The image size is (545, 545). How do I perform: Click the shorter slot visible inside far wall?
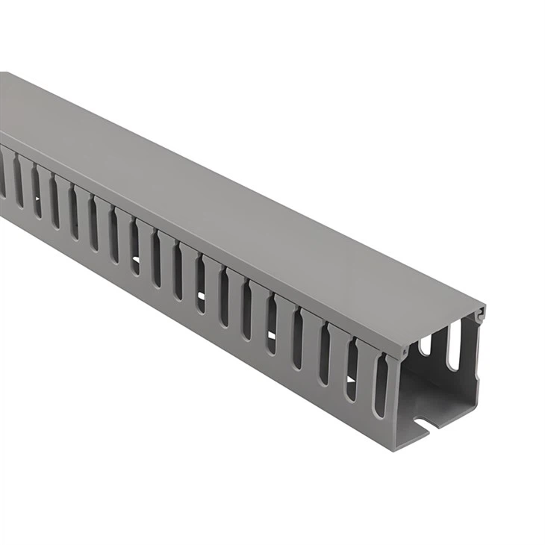point(426,345)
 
